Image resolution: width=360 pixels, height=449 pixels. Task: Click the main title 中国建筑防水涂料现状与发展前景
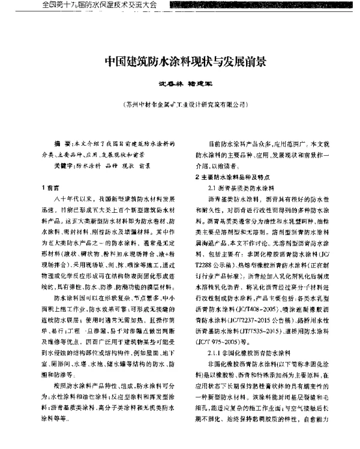[180, 61]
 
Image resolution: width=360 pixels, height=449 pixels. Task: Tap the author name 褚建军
[194, 85]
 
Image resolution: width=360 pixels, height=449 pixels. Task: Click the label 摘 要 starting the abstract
[61, 145]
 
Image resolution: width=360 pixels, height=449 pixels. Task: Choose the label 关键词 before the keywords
[64, 164]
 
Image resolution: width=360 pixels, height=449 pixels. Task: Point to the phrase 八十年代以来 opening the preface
[73, 198]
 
